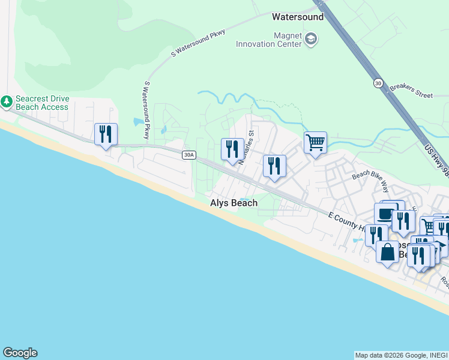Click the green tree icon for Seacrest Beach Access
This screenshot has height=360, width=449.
(7, 103)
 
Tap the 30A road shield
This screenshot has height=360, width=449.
(188, 155)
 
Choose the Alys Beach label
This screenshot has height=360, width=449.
(234, 203)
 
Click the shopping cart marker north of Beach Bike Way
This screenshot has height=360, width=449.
(315, 143)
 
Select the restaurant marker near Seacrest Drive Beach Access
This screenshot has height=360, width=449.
(106, 134)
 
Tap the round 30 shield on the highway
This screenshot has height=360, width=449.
(377, 82)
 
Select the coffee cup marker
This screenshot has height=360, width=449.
(385, 214)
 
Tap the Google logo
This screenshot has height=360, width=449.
(20, 353)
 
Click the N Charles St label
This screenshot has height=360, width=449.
(246, 149)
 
